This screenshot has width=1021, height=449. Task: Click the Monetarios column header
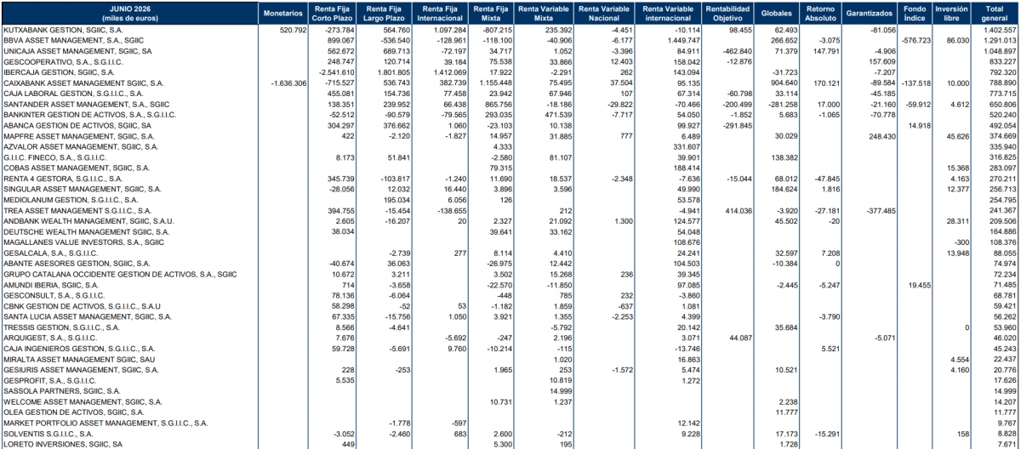coord(282,14)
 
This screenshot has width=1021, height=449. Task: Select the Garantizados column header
coord(869,14)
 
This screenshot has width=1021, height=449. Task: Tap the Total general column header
coord(994,14)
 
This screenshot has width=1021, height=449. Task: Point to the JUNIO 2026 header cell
coord(130,14)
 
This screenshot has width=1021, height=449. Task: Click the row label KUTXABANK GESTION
coord(63,30)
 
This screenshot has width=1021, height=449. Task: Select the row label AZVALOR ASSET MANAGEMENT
coord(81,146)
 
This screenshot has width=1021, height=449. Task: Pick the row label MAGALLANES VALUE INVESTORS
coord(84,242)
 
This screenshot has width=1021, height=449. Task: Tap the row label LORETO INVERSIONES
coord(63,444)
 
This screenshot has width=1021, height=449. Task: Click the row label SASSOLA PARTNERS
coord(62,390)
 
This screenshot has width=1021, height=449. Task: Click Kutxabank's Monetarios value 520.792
coord(293,30)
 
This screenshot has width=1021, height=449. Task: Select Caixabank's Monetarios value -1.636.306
coord(288,83)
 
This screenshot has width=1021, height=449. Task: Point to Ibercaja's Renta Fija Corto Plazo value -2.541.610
coord(336,72)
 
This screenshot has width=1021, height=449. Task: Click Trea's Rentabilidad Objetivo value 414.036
coord(738,211)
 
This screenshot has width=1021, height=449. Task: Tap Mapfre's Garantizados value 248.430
coord(882,136)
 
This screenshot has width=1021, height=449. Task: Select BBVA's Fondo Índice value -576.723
coord(915,41)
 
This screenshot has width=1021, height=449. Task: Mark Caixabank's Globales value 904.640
coord(784,83)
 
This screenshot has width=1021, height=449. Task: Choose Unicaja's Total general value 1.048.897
coord(998,51)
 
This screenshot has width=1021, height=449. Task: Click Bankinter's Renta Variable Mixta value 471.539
coord(558,115)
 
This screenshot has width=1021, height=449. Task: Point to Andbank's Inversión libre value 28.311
coord(958,221)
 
